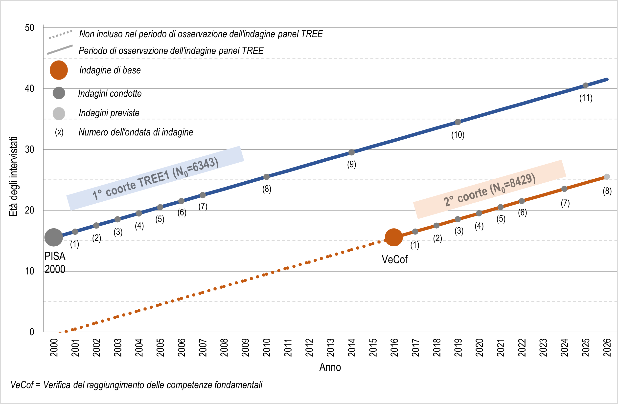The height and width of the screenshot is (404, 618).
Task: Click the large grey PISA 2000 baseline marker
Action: coord(54,237)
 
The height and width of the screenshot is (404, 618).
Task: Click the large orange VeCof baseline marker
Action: coord(394,237)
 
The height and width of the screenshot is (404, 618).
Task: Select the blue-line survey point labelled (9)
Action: coord(351,152)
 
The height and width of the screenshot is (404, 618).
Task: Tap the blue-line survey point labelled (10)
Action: coord(458,122)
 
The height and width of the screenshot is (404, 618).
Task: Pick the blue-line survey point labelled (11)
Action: coord(586,85)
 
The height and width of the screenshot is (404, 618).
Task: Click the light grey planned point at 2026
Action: coord(607,177)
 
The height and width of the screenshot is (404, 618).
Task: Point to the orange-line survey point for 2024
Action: coord(564,189)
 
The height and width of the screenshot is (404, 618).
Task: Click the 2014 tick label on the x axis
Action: coord(352,348)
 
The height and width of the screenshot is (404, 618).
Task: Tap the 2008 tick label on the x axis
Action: coord(224,348)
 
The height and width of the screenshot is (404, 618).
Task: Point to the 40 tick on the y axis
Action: coord(29,89)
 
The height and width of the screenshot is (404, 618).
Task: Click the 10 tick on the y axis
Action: coord(30,271)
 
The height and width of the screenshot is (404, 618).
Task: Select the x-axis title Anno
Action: coord(330,367)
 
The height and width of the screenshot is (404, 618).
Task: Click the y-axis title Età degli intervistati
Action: coord(14,176)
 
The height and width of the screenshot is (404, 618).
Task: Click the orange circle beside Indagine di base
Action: coord(59,70)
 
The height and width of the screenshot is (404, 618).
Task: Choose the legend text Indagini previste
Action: coord(109,113)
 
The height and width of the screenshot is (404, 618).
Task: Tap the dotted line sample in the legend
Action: coord(60,35)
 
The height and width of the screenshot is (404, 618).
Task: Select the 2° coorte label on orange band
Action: coord(489,190)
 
